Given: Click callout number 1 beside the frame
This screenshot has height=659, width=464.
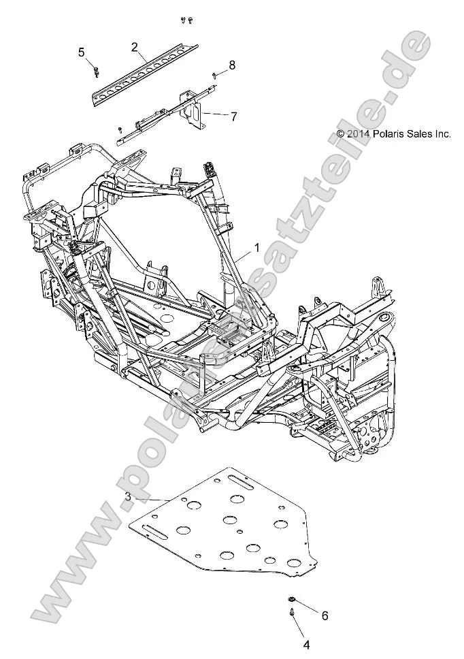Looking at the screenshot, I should click(x=256, y=249).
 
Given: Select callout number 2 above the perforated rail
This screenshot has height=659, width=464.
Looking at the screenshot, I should click(x=135, y=46).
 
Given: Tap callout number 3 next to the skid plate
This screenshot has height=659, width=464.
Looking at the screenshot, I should click(x=129, y=496).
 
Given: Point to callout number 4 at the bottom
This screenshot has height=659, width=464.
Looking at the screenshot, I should click(x=306, y=643).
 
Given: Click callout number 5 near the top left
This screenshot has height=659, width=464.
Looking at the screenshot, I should click(x=82, y=52).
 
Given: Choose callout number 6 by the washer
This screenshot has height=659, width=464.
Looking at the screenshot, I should click(x=325, y=615).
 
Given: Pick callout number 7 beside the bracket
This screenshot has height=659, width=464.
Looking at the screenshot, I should click(x=233, y=116).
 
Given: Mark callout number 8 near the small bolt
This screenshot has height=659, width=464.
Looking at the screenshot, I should click(x=232, y=65).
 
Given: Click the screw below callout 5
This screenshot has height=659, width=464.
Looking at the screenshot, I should click(x=97, y=69).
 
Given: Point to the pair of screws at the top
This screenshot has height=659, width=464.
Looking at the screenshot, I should click(x=187, y=20).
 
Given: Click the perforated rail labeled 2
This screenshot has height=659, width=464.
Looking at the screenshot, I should click(x=143, y=71).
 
